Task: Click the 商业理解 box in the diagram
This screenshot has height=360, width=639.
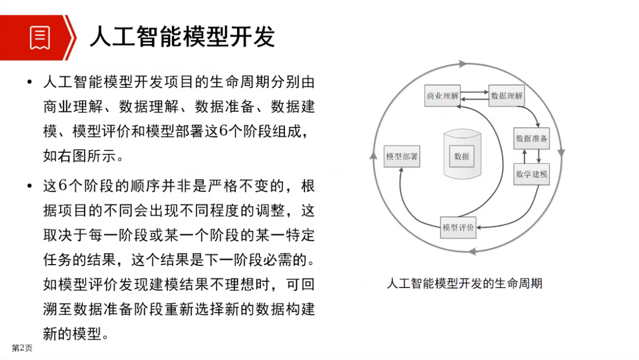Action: coord(442,95)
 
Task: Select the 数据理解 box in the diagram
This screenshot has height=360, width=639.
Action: coord(506,95)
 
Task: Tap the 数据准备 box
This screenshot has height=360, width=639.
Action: coord(531,138)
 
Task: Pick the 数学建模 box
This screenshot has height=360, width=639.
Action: coord(531,174)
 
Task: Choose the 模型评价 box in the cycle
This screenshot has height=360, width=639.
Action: coord(458,227)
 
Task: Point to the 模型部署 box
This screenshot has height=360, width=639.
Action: coord(402,157)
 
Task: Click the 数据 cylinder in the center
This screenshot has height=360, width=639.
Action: coord(462,154)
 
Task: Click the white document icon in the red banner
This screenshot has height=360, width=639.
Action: coord(40,38)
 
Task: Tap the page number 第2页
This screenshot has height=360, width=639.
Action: coord(22,348)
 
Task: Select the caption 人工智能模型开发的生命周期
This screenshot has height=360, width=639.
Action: coord(464,283)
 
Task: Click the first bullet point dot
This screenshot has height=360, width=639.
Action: coord(30,82)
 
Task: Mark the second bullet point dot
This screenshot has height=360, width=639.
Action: coord(30,186)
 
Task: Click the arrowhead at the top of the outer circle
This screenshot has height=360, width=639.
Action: coord(462,64)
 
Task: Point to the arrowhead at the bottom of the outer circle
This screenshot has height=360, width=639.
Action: coord(473,251)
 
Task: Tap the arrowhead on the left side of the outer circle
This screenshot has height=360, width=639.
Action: coord(373,156)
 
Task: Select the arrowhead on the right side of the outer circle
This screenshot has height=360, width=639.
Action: coord(561,152)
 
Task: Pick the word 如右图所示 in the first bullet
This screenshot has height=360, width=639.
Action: coord(79,156)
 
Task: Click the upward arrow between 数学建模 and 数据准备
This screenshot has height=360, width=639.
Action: coord(525,157)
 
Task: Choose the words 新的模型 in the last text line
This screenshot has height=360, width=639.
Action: coord(72,333)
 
